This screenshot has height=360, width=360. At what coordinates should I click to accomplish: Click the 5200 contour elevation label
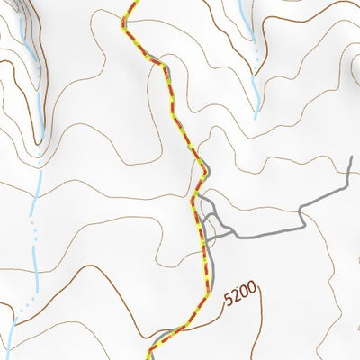(x=240, y=292)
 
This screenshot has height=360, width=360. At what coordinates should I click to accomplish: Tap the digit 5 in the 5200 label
(x=229, y=298)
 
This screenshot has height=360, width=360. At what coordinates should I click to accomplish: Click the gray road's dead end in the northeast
(x=349, y=159)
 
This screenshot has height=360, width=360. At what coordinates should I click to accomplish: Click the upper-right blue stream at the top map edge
(x=243, y=3)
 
